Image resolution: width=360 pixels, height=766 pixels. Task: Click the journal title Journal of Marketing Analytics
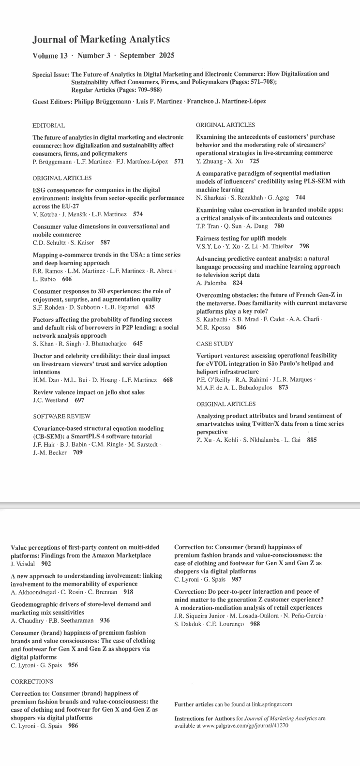(101, 40)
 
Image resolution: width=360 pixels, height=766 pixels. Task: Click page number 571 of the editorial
(179, 162)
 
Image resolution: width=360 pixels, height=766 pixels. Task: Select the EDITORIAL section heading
(49, 125)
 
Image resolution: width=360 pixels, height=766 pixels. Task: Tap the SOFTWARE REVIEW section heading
(61, 416)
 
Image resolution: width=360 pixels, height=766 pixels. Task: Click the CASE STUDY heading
(215, 344)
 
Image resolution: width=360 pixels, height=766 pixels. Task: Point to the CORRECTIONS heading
(32, 681)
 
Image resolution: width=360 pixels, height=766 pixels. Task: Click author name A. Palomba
(211, 283)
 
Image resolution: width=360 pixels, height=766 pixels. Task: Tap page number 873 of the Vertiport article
(284, 388)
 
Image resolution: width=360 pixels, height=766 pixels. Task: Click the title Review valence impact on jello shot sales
(89, 392)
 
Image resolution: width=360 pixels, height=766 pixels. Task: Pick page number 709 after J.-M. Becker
(77, 452)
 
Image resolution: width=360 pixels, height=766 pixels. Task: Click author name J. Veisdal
(23, 564)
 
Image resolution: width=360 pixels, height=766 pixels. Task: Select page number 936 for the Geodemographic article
(105, 620)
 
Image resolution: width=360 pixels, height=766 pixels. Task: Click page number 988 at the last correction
(255, 624)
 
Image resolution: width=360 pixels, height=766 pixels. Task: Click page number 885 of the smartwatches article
(312, 440)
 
